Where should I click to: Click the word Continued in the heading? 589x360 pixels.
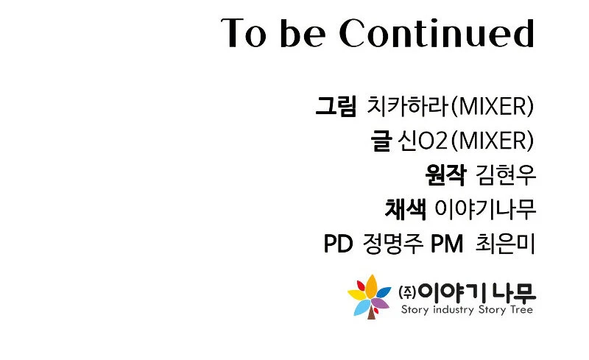click(x=437, y=32)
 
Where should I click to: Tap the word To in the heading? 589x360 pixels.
click(x=244, y=32)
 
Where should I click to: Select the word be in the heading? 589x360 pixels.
click(x=303, y=32)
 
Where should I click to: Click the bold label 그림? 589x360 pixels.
click(x=336, y=106)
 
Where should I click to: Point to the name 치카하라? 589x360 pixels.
click(x=408, y=106)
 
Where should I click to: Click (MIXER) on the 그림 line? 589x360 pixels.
click(x=492, y=106)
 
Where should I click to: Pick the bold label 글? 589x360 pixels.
click(x=381, y=141)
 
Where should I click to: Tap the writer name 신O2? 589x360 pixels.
click(x=423, y=141)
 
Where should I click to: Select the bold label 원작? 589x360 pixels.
click(x=446, y=174)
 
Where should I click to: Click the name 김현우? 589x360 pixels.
click(x=505, y=174)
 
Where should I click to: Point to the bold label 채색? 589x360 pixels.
click(x=406, y=209)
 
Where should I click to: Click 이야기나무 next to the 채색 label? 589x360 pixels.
click(x=485, y=209)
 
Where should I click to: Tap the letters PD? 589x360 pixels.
click(x=338, y=244)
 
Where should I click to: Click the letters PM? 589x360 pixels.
click(x=447, y=244)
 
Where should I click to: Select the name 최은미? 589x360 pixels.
click(x=505, y=244)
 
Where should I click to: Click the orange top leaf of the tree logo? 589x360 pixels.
click(x=372, y=286)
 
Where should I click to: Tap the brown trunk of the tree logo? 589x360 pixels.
click(x=371, y=313)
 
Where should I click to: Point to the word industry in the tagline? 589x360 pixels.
click(x=454, y=310)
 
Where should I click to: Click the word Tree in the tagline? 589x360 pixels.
click(x=521, y=309)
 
